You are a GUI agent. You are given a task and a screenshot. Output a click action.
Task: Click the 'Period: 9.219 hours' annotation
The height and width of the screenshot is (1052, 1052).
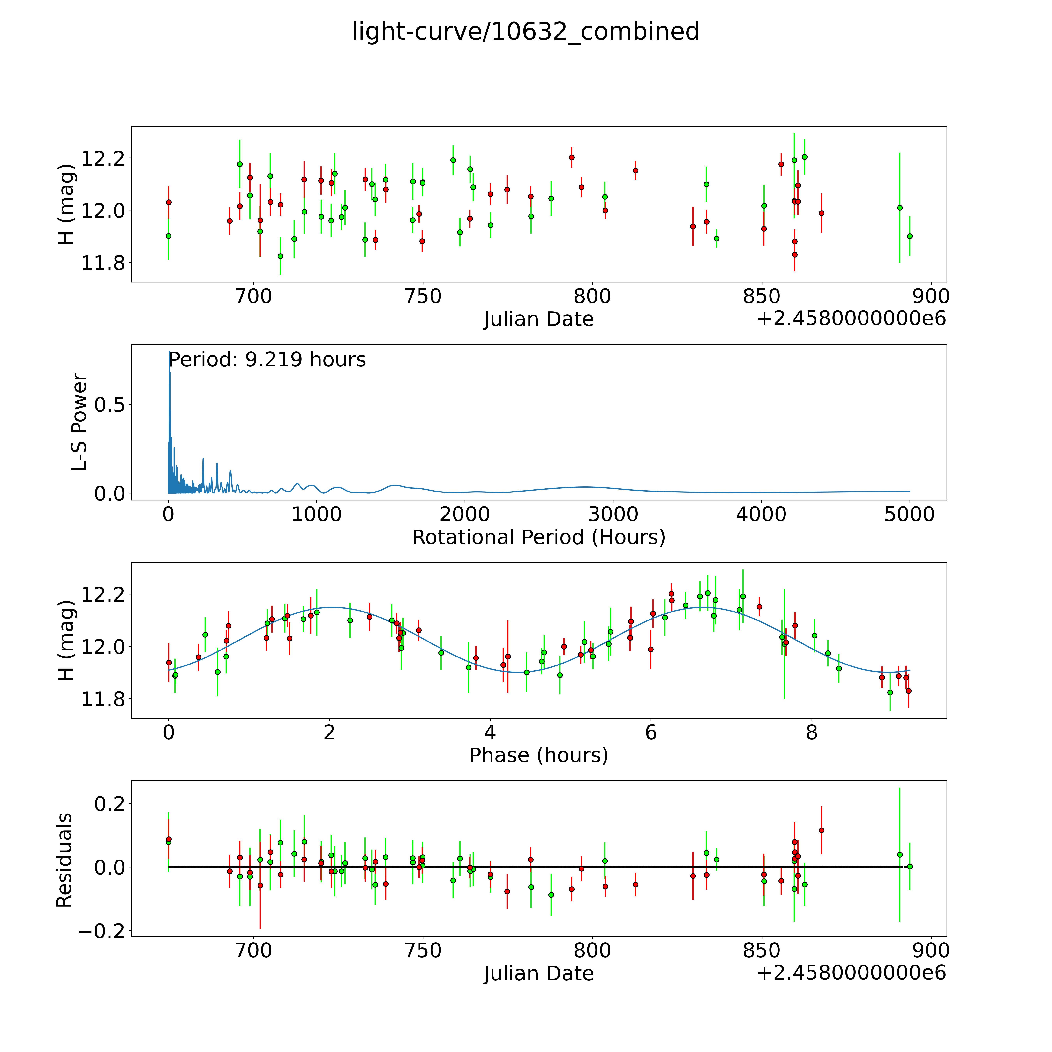(267, 360)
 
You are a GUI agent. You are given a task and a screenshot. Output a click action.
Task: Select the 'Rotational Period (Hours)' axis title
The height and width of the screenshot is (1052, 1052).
(538, 537)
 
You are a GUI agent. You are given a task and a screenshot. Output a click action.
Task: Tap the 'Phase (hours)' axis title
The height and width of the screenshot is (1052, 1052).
(538, 755)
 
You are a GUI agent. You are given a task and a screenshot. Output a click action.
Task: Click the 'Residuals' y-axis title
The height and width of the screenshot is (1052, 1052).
(64, 860)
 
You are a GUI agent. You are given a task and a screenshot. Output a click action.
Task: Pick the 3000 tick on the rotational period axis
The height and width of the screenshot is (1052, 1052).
(613, 515)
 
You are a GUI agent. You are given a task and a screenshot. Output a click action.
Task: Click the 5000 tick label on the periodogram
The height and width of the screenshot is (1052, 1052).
(909, 515)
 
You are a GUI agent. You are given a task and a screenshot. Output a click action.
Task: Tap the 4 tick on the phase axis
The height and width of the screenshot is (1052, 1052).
(490, 732)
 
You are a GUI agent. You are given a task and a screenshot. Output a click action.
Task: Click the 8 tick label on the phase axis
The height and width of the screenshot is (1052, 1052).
(812, 732)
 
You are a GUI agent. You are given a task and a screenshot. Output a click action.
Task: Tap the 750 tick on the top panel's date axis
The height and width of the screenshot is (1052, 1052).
(423, 297)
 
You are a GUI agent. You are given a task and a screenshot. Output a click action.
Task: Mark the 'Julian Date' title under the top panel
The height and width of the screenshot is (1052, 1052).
(538, 319)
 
